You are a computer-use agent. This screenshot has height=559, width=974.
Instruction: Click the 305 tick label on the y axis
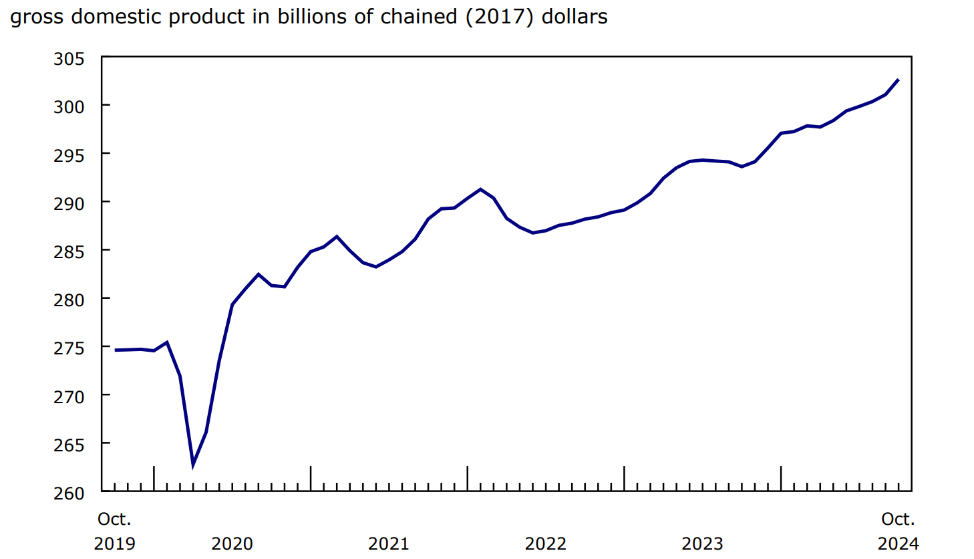click(69, 59)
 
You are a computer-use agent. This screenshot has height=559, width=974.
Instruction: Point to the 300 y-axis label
click(69, 106)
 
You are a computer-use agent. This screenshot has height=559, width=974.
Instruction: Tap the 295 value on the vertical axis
click(69, 155)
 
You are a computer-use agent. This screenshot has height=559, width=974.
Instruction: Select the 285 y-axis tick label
click(69, 251)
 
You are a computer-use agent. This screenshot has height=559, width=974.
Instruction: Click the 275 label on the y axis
click(69, 348)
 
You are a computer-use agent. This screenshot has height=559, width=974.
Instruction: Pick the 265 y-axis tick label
click(69, 445)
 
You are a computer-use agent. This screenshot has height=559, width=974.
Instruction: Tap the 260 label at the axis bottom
click(69, 493)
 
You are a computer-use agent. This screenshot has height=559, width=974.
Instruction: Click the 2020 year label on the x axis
click(232, 544)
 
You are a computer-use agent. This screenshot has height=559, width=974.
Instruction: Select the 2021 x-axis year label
click(389, 544)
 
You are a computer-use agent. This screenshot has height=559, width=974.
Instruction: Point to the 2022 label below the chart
click(545, 544)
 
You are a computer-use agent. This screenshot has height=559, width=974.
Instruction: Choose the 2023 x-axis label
click(702, 544)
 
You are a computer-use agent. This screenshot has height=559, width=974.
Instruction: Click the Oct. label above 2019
click(114, 519)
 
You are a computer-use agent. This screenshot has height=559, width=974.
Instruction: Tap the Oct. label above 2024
click(898, 519)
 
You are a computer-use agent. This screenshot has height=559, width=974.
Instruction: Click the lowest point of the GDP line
click(193, 463)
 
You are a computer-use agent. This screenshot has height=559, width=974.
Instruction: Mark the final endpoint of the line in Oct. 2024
click(898, 80)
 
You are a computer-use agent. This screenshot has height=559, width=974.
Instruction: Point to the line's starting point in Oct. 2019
click(116, 350)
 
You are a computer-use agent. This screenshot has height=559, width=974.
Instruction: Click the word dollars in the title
click(575, 17)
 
